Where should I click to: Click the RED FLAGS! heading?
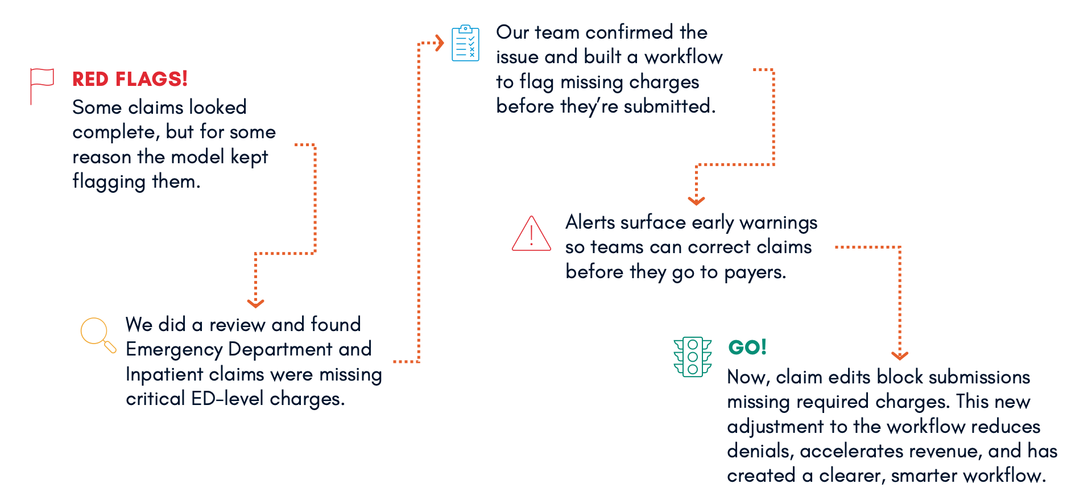(130, 79)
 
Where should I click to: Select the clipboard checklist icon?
(465, 43)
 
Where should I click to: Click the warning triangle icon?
(531, 234)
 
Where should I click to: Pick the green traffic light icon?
(692, 357)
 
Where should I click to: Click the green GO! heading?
(747, 347)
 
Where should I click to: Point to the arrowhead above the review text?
(255, 303)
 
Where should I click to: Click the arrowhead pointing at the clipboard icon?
(439, 43)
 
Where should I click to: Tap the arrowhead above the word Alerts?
(696, 200)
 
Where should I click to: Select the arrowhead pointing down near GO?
(899, 356)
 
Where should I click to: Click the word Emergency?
(174, 349)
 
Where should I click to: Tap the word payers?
(755, 272)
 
